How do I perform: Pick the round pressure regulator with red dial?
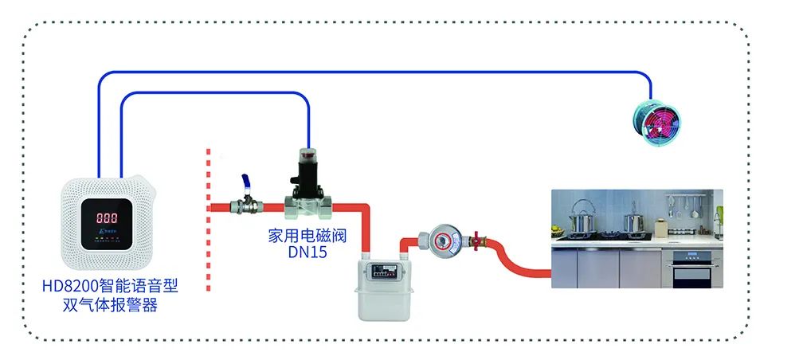point(442,239)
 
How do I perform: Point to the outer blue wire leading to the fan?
point(374,72)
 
